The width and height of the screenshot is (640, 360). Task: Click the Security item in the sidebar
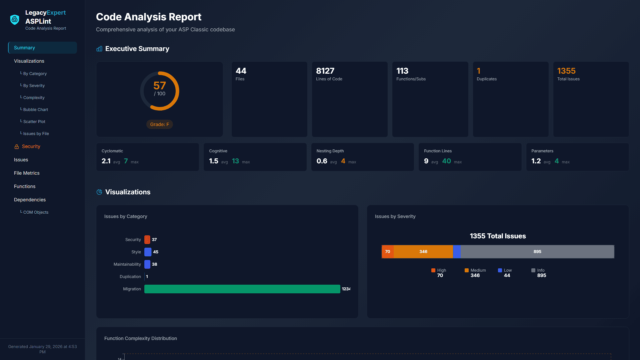click(31, 146)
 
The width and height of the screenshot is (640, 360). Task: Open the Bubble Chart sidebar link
click(35, 110)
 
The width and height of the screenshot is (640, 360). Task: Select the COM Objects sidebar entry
click(36, 212)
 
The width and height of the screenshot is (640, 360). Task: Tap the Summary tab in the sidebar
click(42, 48)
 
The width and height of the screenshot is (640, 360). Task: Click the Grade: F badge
click(159, 124)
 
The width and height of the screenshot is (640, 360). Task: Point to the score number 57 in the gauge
click(159, 86)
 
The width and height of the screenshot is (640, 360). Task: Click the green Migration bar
click(242, 289)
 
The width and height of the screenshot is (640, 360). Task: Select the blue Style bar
click(148, 252)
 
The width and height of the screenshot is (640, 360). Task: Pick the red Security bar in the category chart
click(147, 240)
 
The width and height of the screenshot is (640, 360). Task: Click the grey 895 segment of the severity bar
click(537, 252)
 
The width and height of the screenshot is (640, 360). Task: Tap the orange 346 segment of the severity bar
click(423, 252)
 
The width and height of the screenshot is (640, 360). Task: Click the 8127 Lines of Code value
click(325, 71)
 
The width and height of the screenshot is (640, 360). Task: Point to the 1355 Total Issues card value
click(566, 71)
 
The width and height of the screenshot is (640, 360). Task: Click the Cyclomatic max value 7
click(126, 161)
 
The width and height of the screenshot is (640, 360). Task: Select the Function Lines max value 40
click(446, 161)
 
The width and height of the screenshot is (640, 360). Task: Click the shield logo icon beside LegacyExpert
click(15, 20)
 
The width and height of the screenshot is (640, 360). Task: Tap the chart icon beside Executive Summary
click(99, 49)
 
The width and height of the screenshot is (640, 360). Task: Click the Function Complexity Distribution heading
click(140, 338)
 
